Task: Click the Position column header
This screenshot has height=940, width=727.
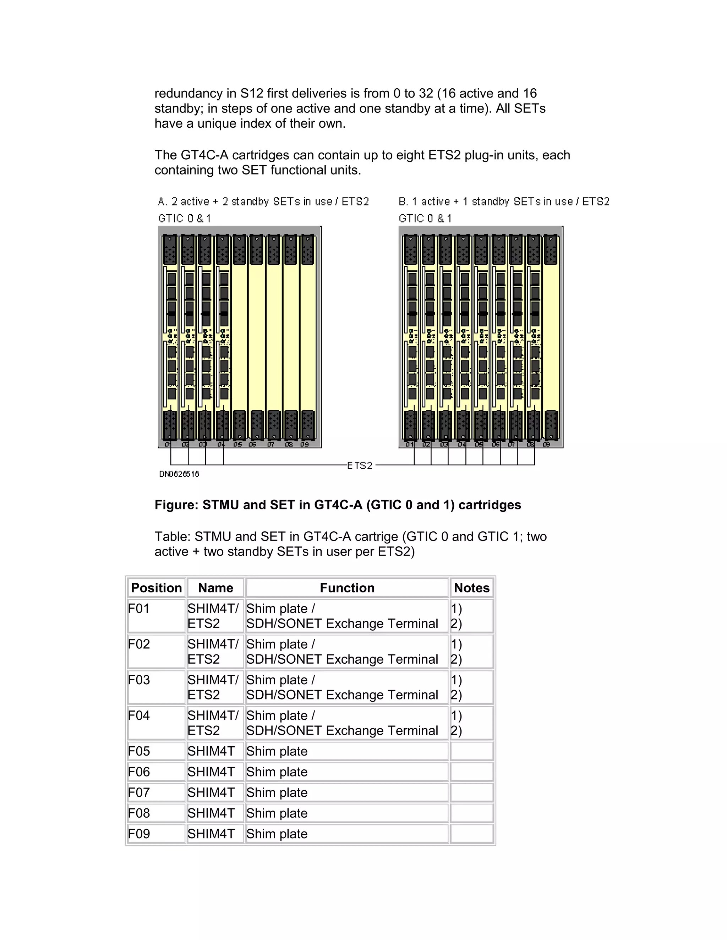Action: click(x=156, y=588)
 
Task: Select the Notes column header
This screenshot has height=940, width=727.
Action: click(x=472, y=588)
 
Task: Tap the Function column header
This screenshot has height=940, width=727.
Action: click(x=347, y=588)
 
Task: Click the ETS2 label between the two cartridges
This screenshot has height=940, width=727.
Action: click(x=360, y=465)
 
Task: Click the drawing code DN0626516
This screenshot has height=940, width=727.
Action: click(x=179, y=474)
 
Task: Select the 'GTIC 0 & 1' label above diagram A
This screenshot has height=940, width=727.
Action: click(x=184, y=219)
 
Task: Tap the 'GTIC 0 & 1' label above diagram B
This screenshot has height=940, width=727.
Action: click(x=425, y=219)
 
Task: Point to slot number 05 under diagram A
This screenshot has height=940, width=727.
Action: click(x=237, y=444)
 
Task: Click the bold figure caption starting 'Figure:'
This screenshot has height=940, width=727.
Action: click(x=338, y=505)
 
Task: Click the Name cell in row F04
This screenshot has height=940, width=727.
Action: click(x=213, y=723)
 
